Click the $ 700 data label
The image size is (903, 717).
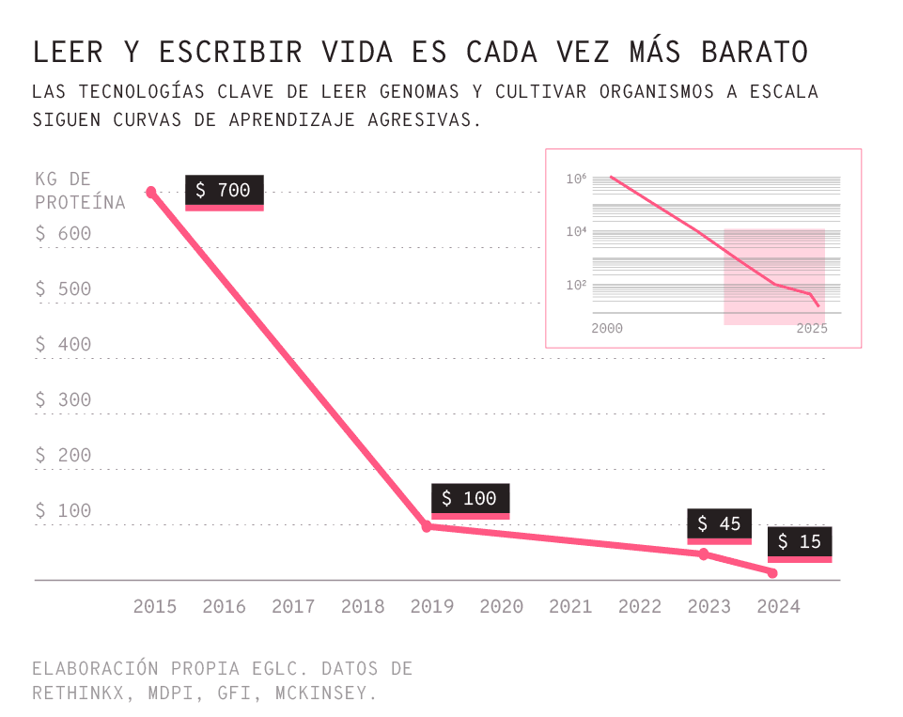pos(224,191)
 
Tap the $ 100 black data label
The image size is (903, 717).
pos(470,499)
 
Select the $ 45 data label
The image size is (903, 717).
pos(719,524)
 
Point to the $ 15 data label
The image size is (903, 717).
pos(800,542)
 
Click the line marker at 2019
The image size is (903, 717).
pos(427,527)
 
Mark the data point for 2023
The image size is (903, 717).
pos(703,554)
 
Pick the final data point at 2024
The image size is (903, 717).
pos(772,573)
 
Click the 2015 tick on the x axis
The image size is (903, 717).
pos(155,606)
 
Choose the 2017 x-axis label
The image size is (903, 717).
pos(293,606)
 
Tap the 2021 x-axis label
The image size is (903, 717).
pos(570,606)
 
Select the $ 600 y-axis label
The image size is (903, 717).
pos(64,234)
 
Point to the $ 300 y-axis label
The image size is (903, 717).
pos(64,400)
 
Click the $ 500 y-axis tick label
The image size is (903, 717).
pos(64,289)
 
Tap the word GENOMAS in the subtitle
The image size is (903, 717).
pos(420,92)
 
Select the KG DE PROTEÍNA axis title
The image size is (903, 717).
pos(79,191)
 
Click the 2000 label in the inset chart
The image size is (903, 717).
pos(607,329)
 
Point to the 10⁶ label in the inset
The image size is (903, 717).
pos(576,179)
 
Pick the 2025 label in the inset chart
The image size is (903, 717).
pos(812,329)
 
